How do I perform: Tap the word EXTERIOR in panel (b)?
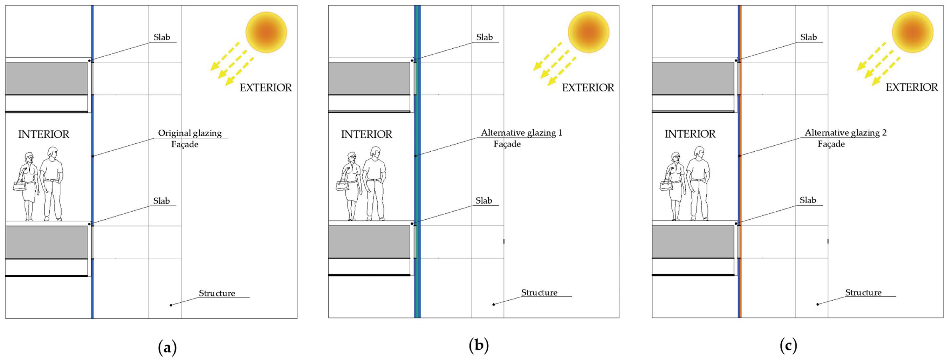coord(588,88)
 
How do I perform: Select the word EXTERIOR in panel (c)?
coord(911,88)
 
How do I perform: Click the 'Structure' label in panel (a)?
coord(217,293)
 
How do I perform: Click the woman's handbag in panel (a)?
coord(19,186)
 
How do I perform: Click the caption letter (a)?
coord(167,347)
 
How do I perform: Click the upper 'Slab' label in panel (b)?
coord(484,37)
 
